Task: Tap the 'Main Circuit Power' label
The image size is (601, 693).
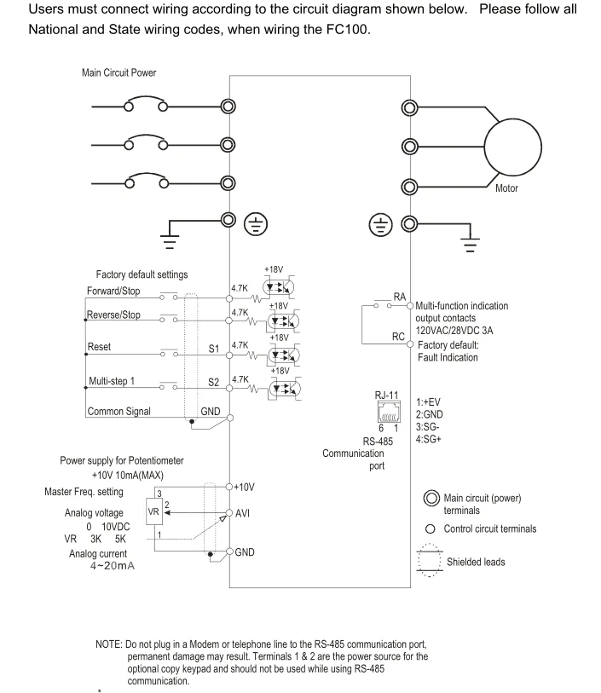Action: pyautogui.click(x=118, y=72)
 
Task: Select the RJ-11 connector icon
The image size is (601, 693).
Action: pyautogui.click(x=389, y=412)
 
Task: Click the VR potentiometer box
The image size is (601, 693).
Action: pyautogui.click(x=153, y=511)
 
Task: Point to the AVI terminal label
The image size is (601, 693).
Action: pyautogui.click(x=242, y=513)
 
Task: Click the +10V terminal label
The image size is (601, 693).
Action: pyautogui.click(x=244, y=487)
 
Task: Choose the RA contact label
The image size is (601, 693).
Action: pyautogui.click(x=400, y=297)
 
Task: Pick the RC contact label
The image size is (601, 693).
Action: pyautogui.click(x=398, y=337)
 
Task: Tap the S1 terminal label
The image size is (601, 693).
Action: pyautogui.click(x=214, y=349)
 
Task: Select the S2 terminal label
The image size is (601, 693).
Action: pyautogui.click(x=214, y=382)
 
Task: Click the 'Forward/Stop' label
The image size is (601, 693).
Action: pyautogui.click(x=113, y=291)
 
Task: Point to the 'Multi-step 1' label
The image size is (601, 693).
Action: pyautogui.click(x=112, y=381)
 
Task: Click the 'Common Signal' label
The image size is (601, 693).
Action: pyautogui.click(x=118, y=412)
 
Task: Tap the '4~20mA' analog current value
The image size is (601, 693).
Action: pyautogui.click(x=113, y=566)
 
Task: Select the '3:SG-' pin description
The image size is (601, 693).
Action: pyautogui.click(x=427, y=427)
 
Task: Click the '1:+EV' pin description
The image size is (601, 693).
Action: pyautogui.click(x=428, y=402)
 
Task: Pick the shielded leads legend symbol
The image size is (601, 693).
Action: pyautogui.click(x=429, y=560)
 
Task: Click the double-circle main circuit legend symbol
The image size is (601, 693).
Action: pyautogui.click(x=431, y=498)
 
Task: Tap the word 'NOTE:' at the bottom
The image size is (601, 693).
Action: pyautogui.click(x=109, y=644)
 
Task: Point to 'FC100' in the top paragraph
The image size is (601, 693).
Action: pyautogui.click(x=347, y=29)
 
